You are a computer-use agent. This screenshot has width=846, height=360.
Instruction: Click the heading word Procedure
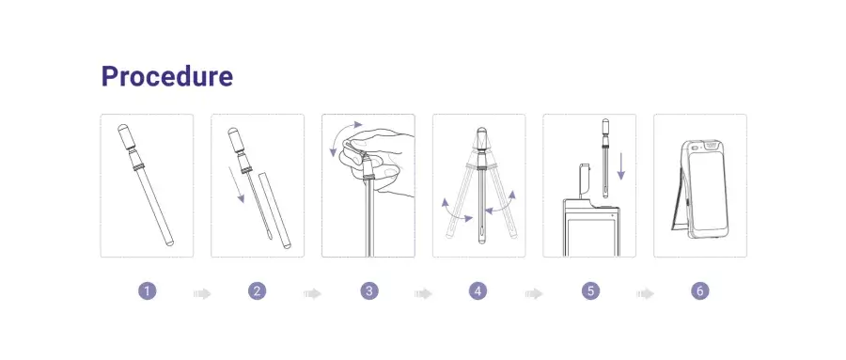(x=167, y=77)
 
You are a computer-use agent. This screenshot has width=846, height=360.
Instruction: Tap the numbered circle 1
(x=147, y=291)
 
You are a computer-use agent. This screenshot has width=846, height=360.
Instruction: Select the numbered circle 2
(x=258, y=291)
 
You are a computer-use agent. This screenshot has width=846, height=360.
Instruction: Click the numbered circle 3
(x=369, y=291)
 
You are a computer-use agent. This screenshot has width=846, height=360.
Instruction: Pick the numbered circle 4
(x=478, y=291)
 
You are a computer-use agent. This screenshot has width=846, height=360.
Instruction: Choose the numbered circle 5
(x=591, y=291)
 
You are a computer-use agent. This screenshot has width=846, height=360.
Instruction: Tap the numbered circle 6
(x=700, y=291)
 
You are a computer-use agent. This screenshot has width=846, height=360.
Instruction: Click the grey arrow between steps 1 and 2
(x=202, y=293)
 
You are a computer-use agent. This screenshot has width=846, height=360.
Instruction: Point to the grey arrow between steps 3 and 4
(x=424, y=293)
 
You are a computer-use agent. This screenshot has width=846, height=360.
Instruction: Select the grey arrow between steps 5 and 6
(x=645, y=293)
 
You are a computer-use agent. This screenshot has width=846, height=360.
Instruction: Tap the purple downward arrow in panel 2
(x=236, y=184)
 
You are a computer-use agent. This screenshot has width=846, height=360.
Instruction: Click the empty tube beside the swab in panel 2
(x=274, y=210)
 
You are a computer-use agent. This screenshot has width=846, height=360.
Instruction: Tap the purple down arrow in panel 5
(x=621, y=166)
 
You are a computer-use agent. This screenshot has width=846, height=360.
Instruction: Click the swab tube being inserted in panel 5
(x=606, y=158)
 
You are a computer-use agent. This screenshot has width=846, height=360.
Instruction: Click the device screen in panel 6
(x=707, y=188)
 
